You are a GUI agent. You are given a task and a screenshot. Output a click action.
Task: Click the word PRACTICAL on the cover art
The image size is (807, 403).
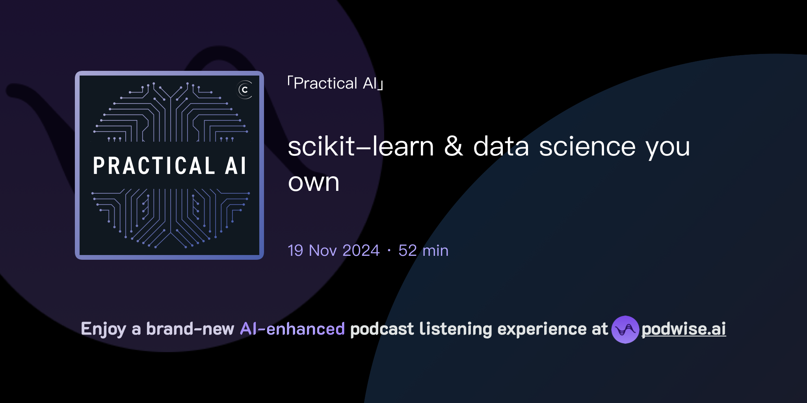154,166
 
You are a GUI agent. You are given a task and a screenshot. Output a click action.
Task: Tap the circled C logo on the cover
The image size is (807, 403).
245,90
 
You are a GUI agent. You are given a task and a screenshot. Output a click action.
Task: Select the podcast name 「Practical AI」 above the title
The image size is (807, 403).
335,83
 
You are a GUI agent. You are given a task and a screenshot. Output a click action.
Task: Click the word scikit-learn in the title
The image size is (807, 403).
361,147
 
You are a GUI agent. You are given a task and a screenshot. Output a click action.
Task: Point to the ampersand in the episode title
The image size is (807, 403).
454,146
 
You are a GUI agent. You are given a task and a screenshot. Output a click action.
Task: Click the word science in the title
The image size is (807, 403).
587,147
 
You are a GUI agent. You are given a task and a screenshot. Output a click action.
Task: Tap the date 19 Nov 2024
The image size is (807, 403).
333,251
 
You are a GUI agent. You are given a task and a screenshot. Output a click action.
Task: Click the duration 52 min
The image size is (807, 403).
423,251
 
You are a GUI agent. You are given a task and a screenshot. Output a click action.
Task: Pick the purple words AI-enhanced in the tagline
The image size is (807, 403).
292,329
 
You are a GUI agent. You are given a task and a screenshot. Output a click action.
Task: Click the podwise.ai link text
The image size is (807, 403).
684,329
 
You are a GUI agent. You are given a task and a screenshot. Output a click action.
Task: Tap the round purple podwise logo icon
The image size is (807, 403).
625,329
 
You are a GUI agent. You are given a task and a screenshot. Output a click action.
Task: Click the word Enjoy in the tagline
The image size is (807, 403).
104,329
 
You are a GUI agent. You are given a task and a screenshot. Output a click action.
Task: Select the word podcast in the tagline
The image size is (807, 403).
382,329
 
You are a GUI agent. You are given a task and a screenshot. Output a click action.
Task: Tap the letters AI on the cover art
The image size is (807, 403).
236,166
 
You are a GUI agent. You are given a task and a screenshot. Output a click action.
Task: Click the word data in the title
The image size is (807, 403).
501,147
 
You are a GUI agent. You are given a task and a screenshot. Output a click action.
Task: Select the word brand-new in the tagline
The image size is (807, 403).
190,329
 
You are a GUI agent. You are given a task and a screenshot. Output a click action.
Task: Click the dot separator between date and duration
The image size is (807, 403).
389,251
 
